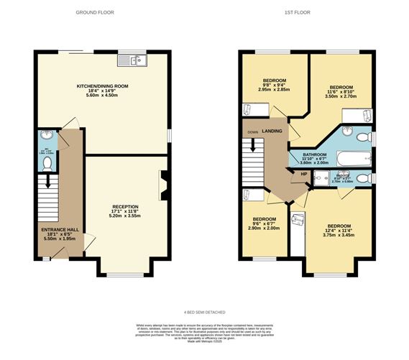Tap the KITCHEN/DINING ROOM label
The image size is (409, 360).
pos(103,86)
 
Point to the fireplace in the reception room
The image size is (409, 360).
pos(164,183)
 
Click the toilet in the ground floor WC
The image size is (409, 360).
pos(46,164)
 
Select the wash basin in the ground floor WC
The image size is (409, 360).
pos(45,135)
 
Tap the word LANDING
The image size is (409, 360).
pos(272,131)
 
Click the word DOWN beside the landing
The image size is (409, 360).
pos(252,132)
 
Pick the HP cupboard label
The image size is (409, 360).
pos(303,174)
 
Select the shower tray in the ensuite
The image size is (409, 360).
pos(320,179)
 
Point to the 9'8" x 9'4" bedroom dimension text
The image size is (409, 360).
pos(273,86)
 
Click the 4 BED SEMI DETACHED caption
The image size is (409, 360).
pos(204,313)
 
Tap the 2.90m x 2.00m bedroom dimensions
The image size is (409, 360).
pos(264,228)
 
